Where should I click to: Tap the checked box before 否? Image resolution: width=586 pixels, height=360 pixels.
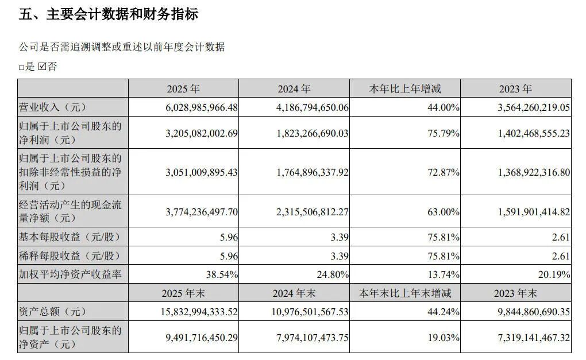[42, 67]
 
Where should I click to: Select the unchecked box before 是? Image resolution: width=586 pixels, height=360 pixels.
[21, 68]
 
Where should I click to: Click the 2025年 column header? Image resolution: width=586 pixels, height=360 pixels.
[183, 89]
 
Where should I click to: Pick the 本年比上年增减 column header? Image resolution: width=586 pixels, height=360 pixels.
[406, 89]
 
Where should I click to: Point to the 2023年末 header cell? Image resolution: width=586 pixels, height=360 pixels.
[515, 293]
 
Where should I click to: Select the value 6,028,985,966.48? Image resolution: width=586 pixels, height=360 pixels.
[196, 107]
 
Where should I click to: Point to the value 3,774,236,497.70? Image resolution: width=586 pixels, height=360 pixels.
[196, 211]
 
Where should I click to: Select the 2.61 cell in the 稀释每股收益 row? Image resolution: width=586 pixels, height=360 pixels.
[560, 256]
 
